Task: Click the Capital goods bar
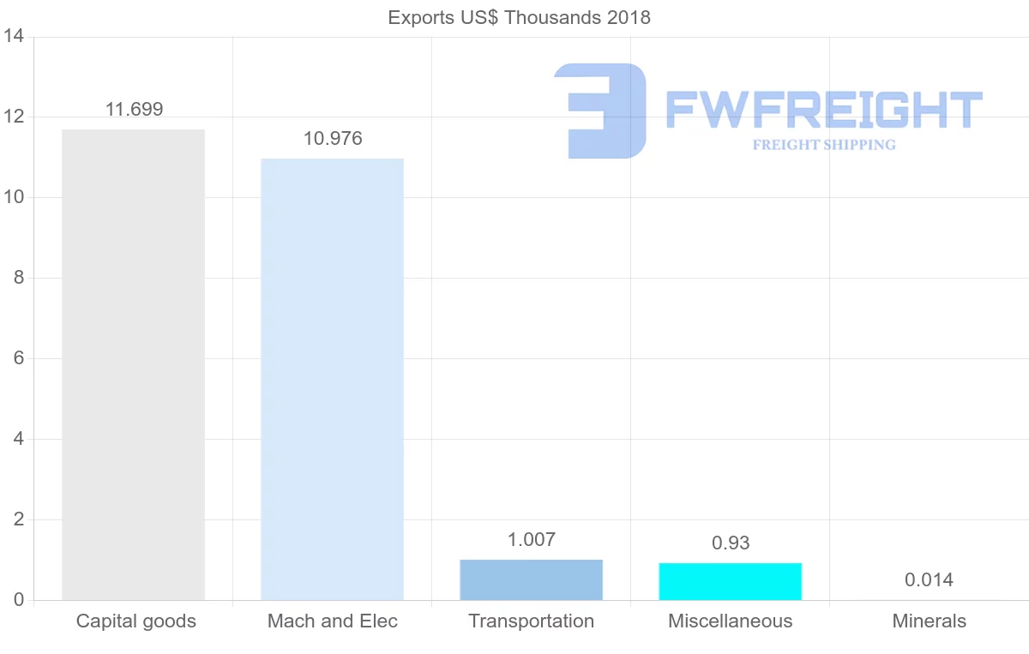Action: point(133,364)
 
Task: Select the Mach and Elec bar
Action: point(332,379)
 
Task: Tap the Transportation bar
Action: point(531,579)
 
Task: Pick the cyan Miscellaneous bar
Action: point(730,581)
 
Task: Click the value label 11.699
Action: point(134,109)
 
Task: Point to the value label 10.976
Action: point(333,138)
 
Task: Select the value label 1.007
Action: point(532,539)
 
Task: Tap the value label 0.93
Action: point(731,543)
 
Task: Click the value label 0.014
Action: point(929,580)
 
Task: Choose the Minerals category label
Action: point(929,621)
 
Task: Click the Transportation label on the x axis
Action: point(531,621)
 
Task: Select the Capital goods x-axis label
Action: point(135,621)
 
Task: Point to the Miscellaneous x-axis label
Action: point(730,621)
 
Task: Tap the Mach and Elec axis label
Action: point(333,621)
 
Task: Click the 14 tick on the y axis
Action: point(13,37)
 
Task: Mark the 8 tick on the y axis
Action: point(17,278)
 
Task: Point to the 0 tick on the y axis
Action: point(17,600)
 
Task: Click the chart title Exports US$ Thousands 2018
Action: point(519,17)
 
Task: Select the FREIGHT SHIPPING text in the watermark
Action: point(823,145)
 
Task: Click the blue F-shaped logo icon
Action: point(600,111)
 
